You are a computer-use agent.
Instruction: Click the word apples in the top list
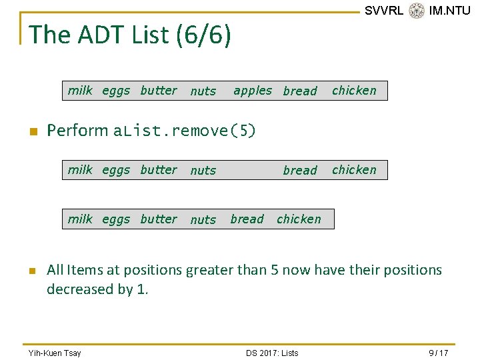[x=253, y=91]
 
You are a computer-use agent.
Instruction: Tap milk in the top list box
[x=80, y=90]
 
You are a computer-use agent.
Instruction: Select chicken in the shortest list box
[x=299, y=219]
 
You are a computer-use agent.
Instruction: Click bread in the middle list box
[x=300, y=170]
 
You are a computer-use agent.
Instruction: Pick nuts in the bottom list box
[x=203, y=219]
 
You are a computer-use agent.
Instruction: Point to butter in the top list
[x=159, y=90]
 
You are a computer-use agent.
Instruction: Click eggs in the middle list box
[x=116, y=171]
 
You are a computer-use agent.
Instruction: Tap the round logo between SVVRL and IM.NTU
[x=417, y=11]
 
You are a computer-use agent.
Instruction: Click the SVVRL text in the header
[x=384, y=11]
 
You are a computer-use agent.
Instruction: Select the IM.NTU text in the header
[x=449, y=11]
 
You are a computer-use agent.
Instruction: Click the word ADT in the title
[x=101, y=34]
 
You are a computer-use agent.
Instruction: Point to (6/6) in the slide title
[x=203, y=35]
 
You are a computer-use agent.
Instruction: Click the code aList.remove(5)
[x=184, y=131]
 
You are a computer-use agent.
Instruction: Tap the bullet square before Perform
[x=34, y=131]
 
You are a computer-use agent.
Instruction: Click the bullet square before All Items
[x=33, y=271]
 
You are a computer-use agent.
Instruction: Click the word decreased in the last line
[x=80, y=289]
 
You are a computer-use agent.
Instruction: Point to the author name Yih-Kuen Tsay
[x=55, y=353]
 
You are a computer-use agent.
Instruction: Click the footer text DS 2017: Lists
[x=272, y=353]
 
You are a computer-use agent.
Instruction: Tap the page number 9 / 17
[x=439, y=353]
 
